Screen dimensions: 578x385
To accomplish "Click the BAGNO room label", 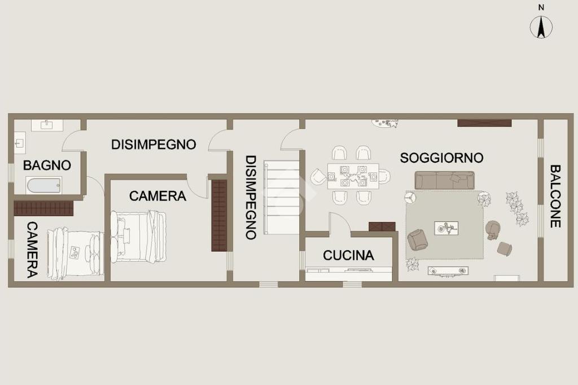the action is point(47,165).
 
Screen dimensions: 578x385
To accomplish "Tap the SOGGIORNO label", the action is point(441,158).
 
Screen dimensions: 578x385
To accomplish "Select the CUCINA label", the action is point(348,255).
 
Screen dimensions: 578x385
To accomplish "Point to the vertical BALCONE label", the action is point(555,196).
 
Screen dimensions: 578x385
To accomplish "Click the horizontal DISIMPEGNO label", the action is point(154,144).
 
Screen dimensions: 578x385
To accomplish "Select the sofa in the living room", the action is point(445,180).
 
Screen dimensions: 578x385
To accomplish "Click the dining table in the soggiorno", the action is point(353,176).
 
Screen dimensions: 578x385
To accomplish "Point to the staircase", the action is point(281,197).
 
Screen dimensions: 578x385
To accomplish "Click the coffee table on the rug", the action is point(446,228).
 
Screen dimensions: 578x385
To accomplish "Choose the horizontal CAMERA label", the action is point(157,196).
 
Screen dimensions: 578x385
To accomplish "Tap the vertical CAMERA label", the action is point(32,250).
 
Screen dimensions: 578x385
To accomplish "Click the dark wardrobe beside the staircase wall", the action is point(219,216).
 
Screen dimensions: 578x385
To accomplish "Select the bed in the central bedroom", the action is point(138,237).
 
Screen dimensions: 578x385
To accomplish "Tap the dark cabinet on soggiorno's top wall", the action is point(484,123).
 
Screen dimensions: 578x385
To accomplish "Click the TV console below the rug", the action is point(448,270).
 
